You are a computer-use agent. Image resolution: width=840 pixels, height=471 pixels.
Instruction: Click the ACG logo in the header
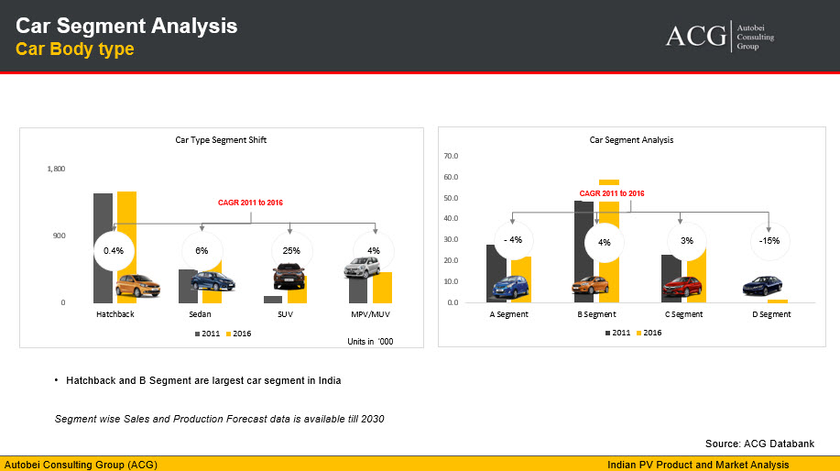coord(719,37)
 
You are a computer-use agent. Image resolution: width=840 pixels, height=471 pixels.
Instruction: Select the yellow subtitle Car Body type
coord(74,49)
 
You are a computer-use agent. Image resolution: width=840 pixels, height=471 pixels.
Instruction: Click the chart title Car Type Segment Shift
coord(221,140)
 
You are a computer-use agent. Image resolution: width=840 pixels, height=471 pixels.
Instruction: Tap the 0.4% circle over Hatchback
coord(114,251)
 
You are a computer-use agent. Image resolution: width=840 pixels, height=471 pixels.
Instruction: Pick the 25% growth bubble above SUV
coord(291,251)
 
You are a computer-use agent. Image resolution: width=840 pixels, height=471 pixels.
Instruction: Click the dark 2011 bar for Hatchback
coord(103,248)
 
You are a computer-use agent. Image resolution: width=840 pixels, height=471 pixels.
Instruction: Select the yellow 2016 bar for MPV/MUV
coord(383,288)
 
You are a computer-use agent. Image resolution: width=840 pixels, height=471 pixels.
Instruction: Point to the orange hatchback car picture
coord(137,286)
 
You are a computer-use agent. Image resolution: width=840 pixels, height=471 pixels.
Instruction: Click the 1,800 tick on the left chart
coord(56,169)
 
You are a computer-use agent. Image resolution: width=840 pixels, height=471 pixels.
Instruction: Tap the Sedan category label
coord(200,314)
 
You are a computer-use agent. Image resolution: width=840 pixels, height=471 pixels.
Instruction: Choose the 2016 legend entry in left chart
coord(238,334)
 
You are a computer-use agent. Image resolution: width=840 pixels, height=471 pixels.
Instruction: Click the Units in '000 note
coord(370,341)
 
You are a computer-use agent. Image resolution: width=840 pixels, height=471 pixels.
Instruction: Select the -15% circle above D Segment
coord(769,241)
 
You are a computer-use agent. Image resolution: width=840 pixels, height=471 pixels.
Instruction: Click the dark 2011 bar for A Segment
coord(496,274)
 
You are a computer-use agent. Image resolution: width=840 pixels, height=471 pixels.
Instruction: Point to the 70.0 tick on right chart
coord(451,156)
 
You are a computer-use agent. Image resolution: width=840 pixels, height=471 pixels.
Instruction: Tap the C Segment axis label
coord(683,314)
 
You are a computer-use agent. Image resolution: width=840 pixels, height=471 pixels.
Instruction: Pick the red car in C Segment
coord(682,287)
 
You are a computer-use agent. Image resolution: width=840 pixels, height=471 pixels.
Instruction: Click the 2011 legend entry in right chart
coord(618,333)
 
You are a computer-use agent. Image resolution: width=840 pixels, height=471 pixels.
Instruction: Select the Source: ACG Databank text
coord(759,444)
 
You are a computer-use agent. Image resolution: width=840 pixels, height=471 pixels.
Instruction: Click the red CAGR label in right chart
coord(612,193)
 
